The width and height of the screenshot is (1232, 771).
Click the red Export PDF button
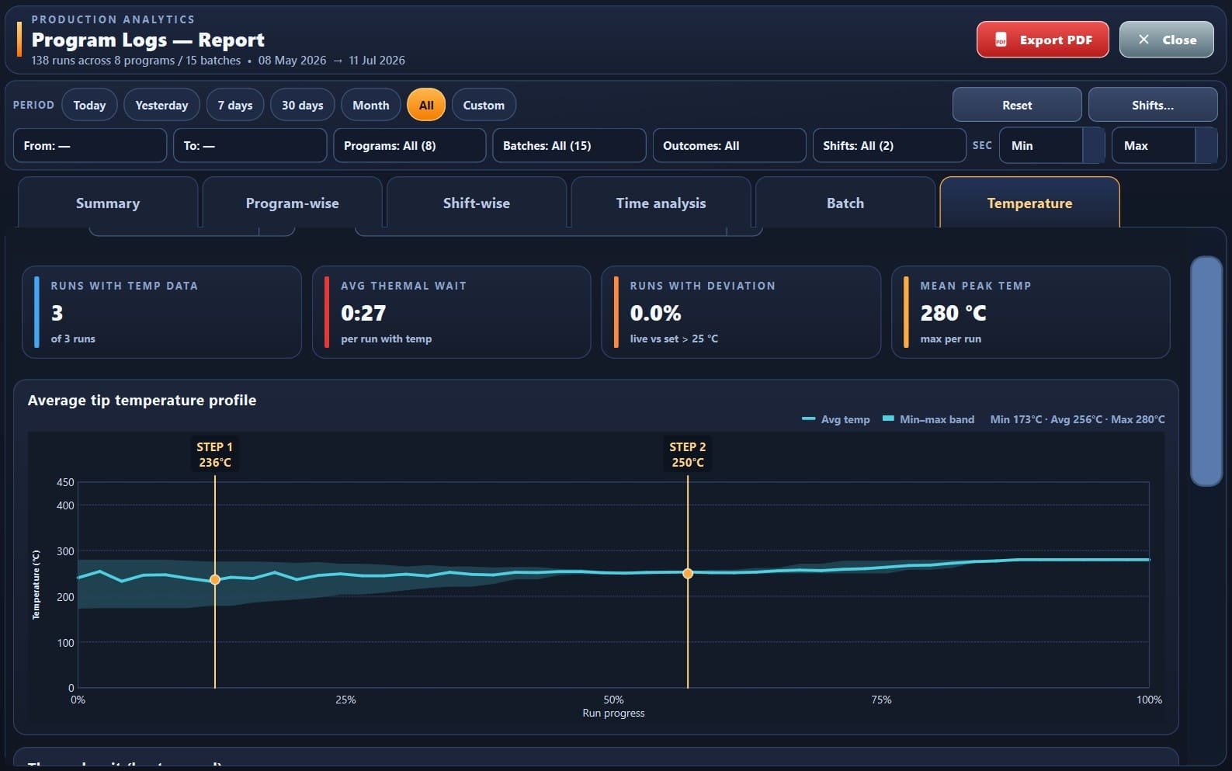coord(1043,40)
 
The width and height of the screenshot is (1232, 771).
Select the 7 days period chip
coord(235,105)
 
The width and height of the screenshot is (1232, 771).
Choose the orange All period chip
coord(426,105)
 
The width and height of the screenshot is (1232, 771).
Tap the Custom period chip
coord(484,105)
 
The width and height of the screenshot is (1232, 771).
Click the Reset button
coord(1017,105)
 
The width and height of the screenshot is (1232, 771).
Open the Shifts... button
coord(1153,105)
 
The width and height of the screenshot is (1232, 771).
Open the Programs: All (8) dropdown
coord(410,146)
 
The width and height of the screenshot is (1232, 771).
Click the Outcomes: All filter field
coord(729,146)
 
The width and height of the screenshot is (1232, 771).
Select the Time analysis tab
coord(661,203)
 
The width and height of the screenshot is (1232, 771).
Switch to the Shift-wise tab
coord(477,203)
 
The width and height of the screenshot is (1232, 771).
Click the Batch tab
coord(845,203)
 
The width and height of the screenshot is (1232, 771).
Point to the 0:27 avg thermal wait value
coord(363,313)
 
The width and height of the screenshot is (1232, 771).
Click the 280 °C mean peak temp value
coord(953,313)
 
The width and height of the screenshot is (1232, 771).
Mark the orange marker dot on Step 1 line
coord(215,580)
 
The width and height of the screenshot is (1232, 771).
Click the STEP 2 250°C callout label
coord(688,455)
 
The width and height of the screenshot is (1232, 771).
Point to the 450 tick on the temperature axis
coord(65,482)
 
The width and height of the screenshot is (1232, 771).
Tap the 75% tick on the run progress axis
coord(881,700)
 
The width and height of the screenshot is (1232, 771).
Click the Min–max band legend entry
coord(928,419)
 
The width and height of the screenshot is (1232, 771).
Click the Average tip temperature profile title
coord(142,401)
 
